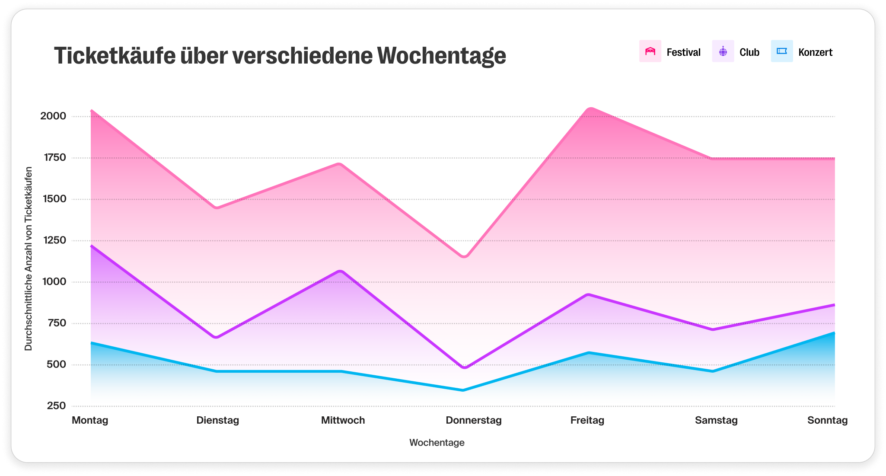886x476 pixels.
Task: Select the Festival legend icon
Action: click(650, 51)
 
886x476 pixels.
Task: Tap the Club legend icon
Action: click(723, 51)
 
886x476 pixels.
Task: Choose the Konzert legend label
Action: click(815, 52)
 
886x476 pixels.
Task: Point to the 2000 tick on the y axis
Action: click(53, 116)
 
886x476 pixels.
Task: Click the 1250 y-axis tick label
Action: click(53, 240)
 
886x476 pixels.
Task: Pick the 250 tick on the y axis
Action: click(56, 406)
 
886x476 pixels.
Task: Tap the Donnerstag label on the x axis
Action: click(474, 420)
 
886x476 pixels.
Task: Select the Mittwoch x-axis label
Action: click(343, 420)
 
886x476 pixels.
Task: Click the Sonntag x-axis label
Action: click(827, 420)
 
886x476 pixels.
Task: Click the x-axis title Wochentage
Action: click(437, 443)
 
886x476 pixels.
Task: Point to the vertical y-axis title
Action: click(29, 259)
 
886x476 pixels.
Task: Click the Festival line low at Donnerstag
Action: click(464, 257)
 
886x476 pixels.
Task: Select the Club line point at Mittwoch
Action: click(341, 271)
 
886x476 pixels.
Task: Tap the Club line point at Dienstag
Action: click(217, 337)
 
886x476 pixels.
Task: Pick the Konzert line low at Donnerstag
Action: click(463, 390)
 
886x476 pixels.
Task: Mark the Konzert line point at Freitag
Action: click(588, 353)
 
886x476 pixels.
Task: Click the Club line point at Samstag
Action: click(712, 329)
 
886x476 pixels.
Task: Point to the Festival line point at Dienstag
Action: click(217, 208)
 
